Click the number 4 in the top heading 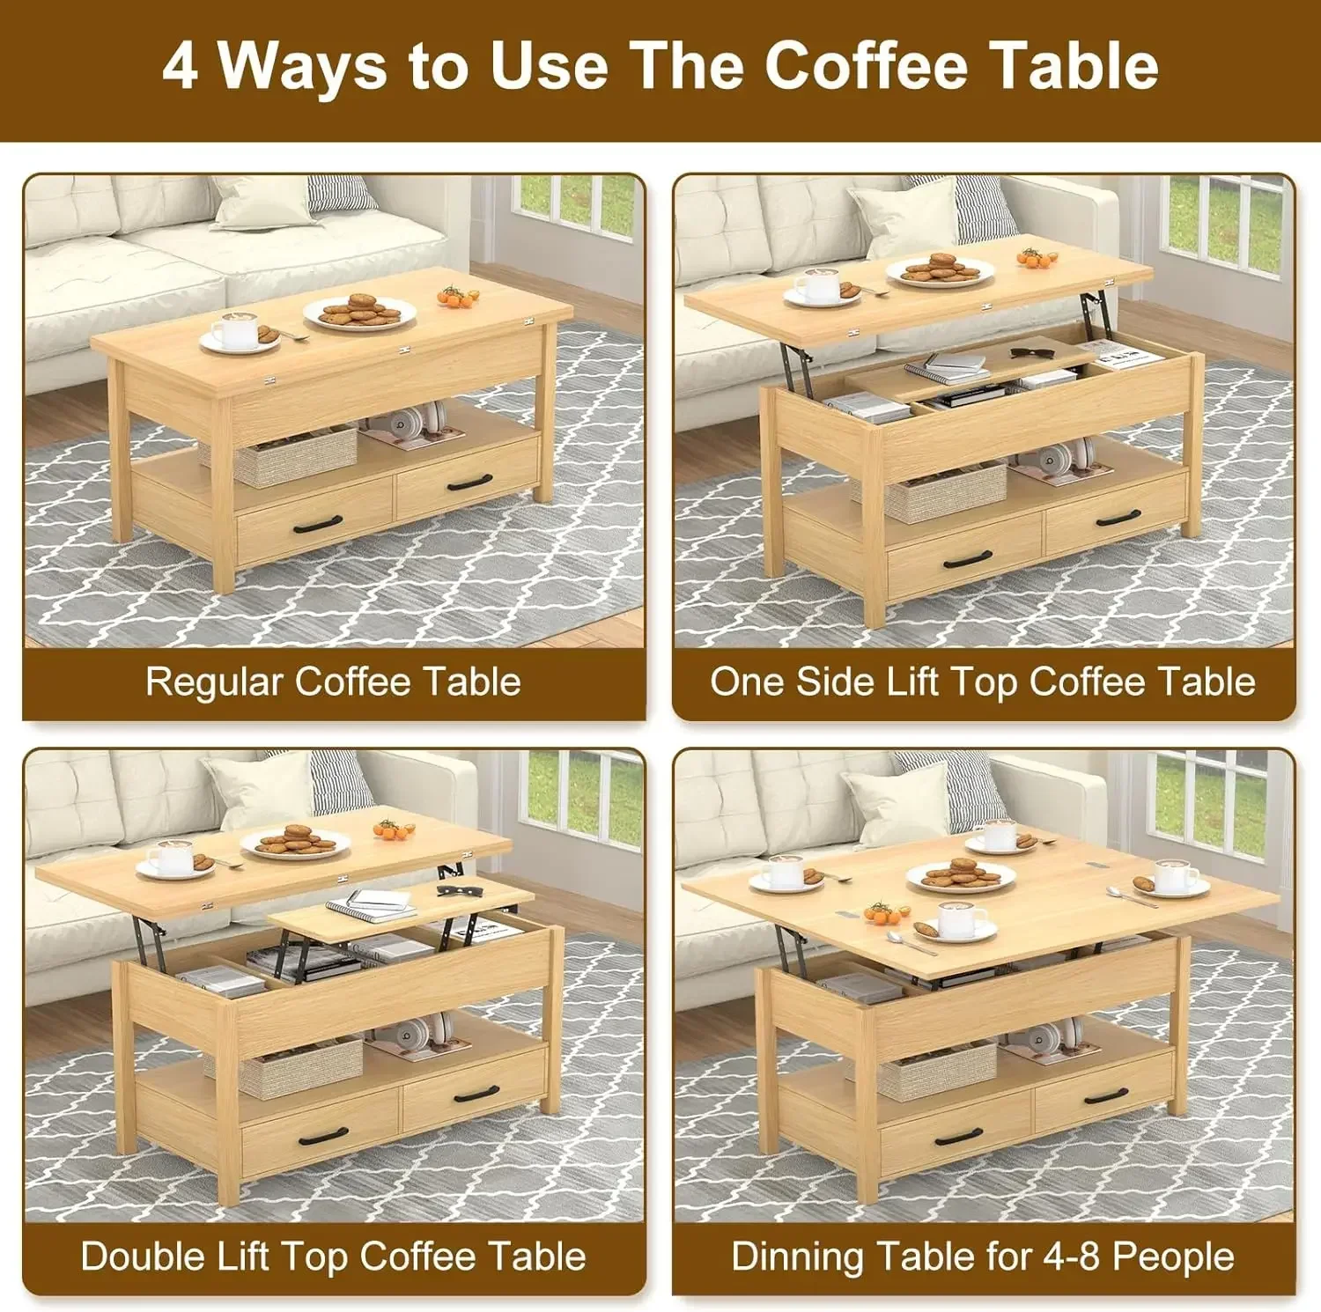click(x=180, y=66)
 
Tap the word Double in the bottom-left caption click(x=136, y=1257)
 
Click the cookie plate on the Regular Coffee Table click(x=359, y=312)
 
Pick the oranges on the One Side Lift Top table click(x=1037, y=258)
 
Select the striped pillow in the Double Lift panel click(x=340, y=781)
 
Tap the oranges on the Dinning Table click(x=883, y=912)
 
